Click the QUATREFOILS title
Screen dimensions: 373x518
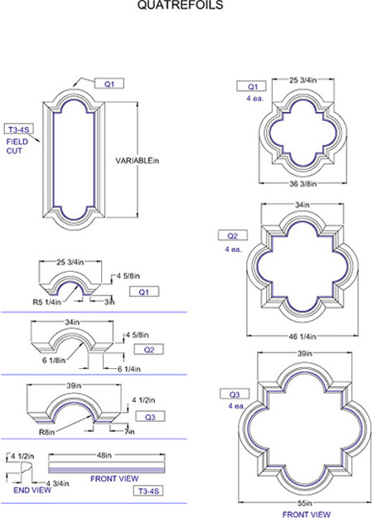(x=181, y=5)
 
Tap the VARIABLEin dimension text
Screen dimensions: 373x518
(x=137, y=161)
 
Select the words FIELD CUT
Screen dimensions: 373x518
(x=17, y=147)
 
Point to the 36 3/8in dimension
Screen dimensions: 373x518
(x=303, y=184)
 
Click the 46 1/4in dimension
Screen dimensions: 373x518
(x=303, y=336)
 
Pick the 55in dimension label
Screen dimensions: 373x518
(x=304, y=503)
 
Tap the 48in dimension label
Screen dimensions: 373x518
(x=104, y=455)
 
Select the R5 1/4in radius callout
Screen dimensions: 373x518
(x=46, y=302)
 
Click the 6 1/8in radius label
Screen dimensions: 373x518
(x=54, y=360)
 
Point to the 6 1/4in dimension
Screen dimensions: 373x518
(x=128, y=369)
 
